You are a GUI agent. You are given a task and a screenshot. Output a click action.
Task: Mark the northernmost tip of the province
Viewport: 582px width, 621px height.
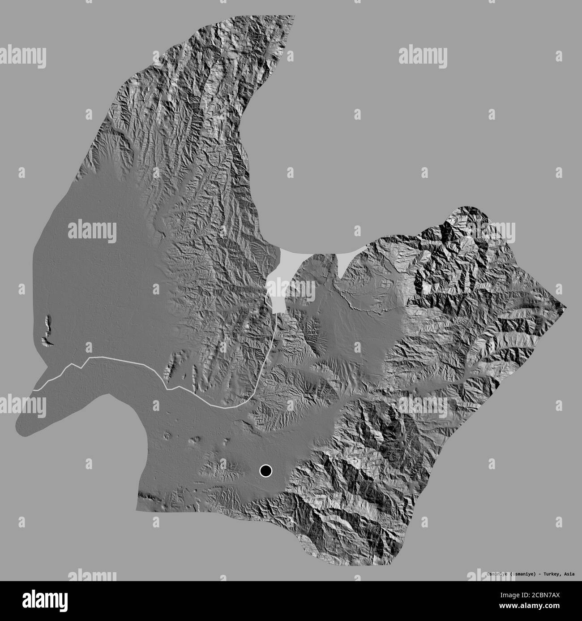(293, 16)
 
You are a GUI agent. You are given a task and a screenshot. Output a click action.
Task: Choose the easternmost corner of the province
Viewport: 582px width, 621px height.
(566, 308)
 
